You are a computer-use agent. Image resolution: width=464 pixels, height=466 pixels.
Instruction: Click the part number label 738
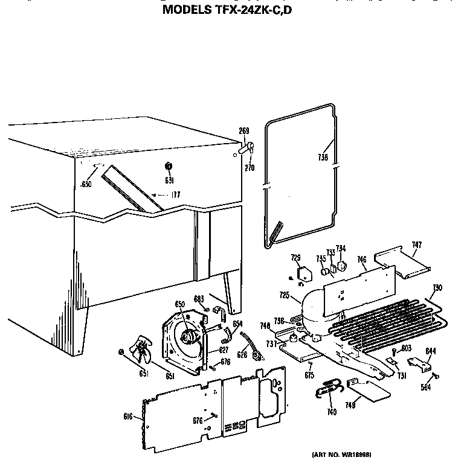(323, 158)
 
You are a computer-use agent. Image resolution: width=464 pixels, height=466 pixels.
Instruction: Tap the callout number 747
(417, 244)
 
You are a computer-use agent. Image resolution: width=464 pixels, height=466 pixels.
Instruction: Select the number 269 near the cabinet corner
(244, 131)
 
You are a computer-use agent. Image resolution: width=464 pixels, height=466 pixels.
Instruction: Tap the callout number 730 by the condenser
(437, 287)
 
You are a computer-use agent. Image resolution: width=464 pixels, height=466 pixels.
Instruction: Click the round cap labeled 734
(341, 266)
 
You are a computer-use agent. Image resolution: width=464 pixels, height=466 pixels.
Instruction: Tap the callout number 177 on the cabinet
(176, 194)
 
